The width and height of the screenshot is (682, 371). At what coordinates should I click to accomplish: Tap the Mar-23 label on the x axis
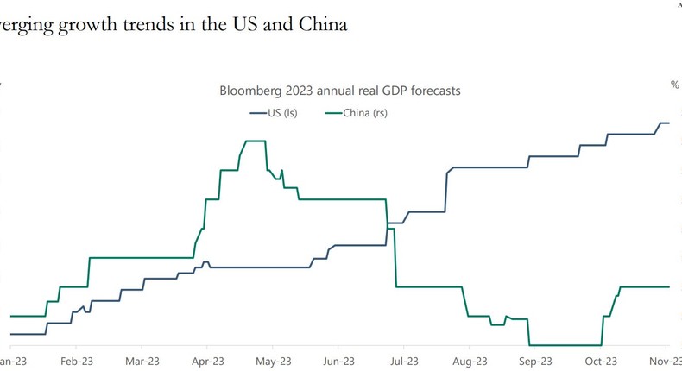pos(142,362)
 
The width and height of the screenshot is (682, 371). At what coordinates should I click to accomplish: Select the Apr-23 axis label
pos(207,362)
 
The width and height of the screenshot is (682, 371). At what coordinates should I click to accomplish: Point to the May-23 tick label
pos(273,362)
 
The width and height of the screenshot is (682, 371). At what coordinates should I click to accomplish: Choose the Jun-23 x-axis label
pos(338,362)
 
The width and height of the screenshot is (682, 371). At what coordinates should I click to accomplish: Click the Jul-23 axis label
pos(403,362)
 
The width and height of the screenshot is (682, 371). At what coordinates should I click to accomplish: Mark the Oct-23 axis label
pos(601,362)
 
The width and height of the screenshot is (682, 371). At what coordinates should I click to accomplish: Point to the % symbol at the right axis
pos(674,85)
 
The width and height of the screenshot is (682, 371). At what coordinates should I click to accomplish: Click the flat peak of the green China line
pos(255,141)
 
